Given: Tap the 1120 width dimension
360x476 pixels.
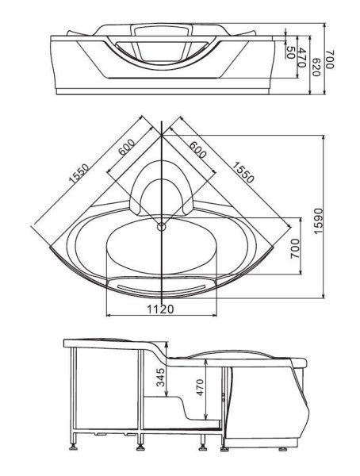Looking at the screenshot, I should [x=161, y=309].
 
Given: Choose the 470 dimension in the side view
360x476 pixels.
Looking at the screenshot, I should [x=200, y=386].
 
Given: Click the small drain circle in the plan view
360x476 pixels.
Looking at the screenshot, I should [x=162, y=225].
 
